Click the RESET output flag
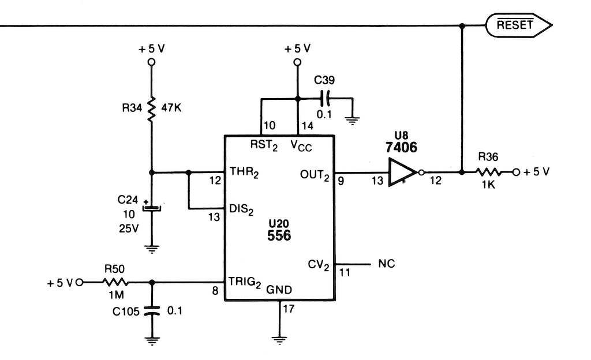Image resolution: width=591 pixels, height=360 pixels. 519,25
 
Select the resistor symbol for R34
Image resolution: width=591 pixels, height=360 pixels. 152,108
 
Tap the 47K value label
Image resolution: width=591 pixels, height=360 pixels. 171,108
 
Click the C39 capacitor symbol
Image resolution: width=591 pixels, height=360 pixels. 326,98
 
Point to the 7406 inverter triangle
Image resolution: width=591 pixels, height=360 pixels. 402,172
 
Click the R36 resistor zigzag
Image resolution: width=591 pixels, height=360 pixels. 488,172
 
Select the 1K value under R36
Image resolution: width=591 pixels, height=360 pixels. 488,185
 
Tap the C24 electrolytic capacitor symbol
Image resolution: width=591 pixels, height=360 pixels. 152,208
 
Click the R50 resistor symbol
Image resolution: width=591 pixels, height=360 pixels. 115,282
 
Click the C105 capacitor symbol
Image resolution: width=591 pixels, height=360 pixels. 152,311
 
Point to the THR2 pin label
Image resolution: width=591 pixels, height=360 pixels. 244,172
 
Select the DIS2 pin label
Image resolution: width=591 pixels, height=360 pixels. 241,210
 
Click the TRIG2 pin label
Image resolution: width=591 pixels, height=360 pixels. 245,283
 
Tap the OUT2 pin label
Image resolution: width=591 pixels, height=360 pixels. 315,175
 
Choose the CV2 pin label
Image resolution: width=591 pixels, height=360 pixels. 319,265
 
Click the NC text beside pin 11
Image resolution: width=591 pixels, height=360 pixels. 387,264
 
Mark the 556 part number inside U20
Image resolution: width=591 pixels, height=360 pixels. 279,235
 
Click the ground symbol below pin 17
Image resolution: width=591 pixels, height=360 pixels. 279,340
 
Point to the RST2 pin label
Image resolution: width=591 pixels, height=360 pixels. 264,145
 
